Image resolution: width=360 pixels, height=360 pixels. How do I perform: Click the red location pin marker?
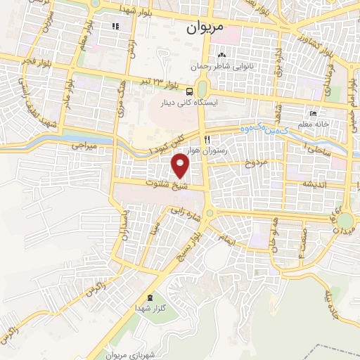pyautogui.click(x=181, y=166)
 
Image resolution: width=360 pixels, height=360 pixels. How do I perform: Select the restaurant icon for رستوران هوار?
pyautogui.click(x=207, y=139)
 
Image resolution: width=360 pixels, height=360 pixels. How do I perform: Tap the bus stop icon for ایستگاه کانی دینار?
pyautogui.click(x=190, y=91)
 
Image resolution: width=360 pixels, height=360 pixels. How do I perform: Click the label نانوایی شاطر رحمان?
pyautogui.click(x=224, y=67)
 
